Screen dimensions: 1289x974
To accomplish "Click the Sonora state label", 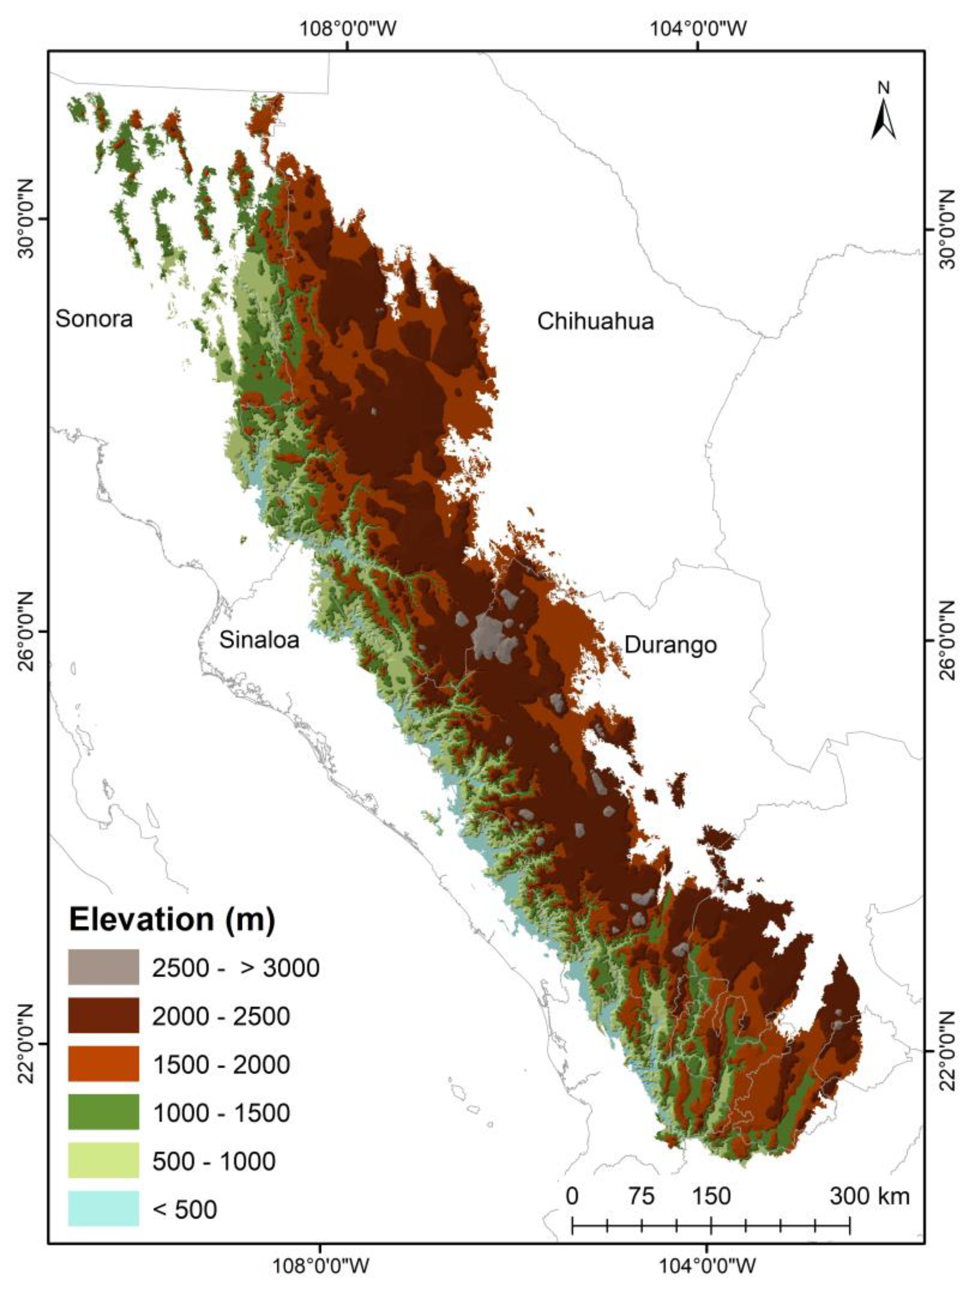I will point(94,319).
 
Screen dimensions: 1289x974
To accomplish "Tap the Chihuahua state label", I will point(595,321).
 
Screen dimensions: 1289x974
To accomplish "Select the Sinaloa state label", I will point(259,640).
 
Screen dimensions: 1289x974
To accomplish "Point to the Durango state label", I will point(671,644).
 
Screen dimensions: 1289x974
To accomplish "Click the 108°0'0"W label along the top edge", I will point(348,28).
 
